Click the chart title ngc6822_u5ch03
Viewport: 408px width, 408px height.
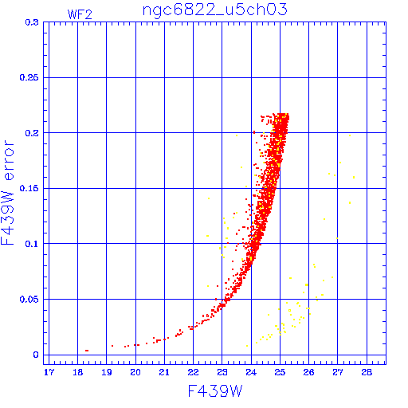click(x=215, y=10)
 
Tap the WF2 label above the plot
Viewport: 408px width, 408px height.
click(x=80, y=14)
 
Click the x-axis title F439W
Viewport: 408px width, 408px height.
click(x=215, y=391)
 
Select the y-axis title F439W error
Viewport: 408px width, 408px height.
click(x=7, y=193)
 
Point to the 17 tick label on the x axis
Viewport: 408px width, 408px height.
click(x=49, y=372)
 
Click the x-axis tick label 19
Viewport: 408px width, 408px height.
click(x=107, y=372)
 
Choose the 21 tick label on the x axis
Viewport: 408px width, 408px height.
click(x=164, y=372)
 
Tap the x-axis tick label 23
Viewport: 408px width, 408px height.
click(x=222, y=372)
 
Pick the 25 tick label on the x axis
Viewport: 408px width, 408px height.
click(x=280, y=372)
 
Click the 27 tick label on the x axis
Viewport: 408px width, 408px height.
click(x=338, y=372)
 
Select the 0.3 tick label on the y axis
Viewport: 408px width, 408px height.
click(x=32, y=22)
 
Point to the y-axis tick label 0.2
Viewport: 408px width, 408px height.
click(x=32, y=133)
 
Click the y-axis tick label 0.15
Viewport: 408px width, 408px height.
click(x=29, y=188)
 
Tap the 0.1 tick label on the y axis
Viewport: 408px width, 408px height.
click(x=32, y=244)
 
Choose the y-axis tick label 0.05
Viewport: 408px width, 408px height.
click(x=29, y=300)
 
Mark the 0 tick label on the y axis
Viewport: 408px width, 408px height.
click(x=36, y=355)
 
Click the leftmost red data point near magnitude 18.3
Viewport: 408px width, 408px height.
click(x=87, y=351)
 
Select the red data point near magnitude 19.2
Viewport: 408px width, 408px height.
click(x=112, y=346)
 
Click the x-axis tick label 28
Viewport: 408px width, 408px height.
click(x=367, y=372)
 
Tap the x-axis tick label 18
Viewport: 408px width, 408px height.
click(x=77, y=372)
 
